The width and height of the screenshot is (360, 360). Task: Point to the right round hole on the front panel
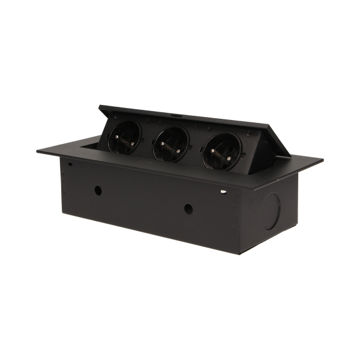(189, 208)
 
